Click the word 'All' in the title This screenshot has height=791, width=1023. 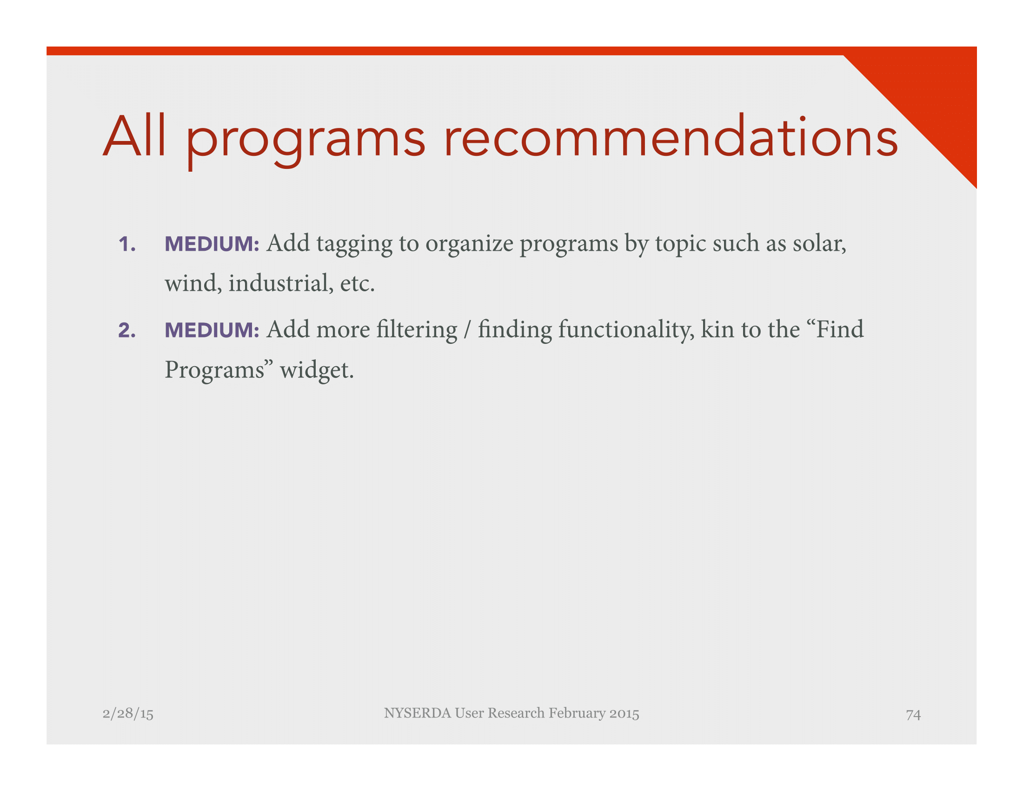point(134,136)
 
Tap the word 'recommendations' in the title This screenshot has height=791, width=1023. point(671,136)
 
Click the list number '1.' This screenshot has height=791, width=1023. point(127,244)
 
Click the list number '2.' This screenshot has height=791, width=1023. point(127,330)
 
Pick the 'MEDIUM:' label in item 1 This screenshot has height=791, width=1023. point(212,244)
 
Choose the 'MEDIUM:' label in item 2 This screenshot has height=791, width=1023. point(212,330)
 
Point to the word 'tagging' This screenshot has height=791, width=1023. point(355,245)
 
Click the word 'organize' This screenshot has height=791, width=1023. point(469,245)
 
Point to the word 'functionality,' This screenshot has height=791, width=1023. point(626,330)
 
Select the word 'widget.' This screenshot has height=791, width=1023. point(317,371)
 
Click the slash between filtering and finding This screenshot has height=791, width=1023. point(467,330)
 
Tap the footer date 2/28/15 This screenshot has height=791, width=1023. point(128,714)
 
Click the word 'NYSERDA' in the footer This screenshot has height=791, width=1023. point(418,713)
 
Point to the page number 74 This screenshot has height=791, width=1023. point(913,714)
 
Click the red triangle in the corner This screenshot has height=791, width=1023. point(932,94)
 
